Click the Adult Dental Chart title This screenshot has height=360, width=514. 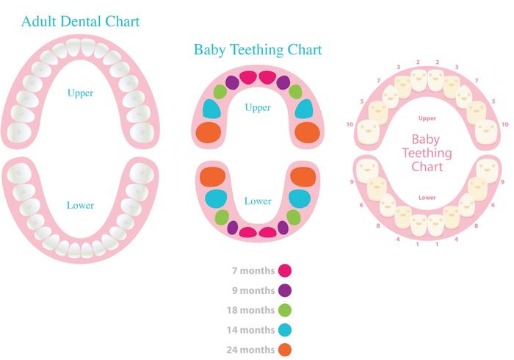click(x=80, y=21)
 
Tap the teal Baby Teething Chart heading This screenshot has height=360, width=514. click(x=258, y=50)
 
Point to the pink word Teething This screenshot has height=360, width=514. click(x=427, y=153)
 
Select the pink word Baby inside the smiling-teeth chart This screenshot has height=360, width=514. click(x=426, y=139)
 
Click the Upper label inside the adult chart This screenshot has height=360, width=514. click(x=80, y=93)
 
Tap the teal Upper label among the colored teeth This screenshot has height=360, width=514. click(x=258, y=108)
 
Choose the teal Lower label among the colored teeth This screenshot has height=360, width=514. click(x=258, y=201)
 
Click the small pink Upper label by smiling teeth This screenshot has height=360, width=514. click(x=427, y=118)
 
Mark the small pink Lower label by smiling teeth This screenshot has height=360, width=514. click(x=427, y=198)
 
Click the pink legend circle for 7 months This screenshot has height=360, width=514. click(x=285, y=271)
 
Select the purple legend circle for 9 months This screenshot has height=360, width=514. click(x=285, y=290)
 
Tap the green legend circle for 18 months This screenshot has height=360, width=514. click(x=285, y=310)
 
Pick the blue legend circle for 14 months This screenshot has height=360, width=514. click(x=285, y=330)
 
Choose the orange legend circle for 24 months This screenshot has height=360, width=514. click(x=285, y=350)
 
